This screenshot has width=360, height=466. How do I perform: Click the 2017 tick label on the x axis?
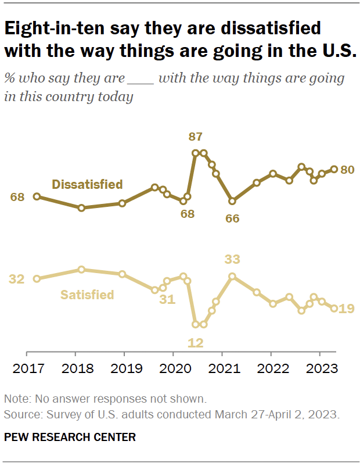pos(27,368)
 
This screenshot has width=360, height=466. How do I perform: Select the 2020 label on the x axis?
pos(173,368)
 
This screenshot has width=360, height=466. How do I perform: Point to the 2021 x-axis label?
pos(222,368)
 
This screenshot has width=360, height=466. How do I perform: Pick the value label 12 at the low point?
pos(196,342)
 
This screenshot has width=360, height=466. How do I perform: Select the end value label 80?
pos(347,170)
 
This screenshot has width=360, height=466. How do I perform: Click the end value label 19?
pos(347,309)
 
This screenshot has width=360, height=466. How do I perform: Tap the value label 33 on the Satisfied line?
pos(232,259)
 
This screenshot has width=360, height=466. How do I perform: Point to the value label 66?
pos(232,218)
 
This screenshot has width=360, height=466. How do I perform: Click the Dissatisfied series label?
pos(87,184)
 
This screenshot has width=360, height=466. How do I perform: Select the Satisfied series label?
pos(87,295)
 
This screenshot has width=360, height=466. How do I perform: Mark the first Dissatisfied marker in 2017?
pos(37,196)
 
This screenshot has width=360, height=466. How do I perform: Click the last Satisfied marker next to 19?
pos(334,309)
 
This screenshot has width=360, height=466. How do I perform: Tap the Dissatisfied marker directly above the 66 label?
pos(232,201)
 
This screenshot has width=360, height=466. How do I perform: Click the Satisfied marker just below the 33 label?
pos(232,276)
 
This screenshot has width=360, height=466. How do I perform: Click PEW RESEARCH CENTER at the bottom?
pos(70,437)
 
